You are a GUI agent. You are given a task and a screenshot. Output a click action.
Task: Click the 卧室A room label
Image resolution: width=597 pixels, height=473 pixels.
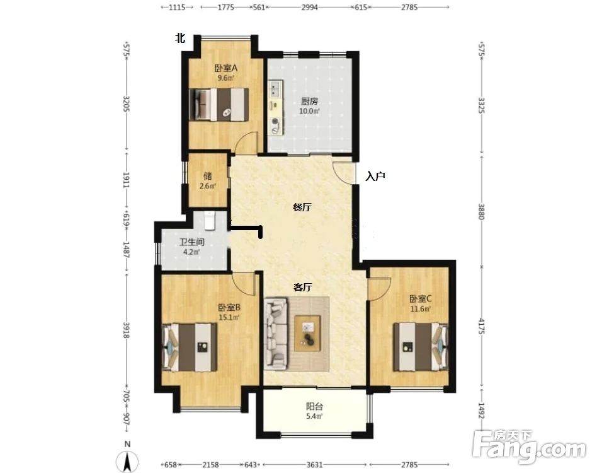226,68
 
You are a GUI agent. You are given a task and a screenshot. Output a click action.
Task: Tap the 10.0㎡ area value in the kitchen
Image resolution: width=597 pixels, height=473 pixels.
309,111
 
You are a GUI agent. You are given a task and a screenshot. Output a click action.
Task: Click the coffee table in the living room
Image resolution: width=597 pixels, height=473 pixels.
307,333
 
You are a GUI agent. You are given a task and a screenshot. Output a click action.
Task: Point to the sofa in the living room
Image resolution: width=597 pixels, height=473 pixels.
276,334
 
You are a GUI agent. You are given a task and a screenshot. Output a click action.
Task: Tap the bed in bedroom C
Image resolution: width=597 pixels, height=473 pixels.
421,347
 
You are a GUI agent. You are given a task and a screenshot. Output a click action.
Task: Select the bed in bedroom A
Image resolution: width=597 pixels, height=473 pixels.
219,105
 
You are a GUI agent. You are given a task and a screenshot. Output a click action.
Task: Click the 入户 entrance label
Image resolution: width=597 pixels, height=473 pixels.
375,176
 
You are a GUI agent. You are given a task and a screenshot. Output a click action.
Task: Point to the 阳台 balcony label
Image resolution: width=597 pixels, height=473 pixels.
315,406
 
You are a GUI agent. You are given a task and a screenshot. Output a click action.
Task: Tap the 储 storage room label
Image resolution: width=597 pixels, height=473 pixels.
208,176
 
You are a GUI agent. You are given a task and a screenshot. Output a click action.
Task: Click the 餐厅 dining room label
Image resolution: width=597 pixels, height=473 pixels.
302,207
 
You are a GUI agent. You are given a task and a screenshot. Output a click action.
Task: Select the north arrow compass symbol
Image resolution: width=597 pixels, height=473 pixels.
127,458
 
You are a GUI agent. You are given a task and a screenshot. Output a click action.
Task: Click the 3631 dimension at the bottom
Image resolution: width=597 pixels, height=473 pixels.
314,465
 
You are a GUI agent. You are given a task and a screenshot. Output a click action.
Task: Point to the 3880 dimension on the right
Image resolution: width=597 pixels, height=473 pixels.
481,212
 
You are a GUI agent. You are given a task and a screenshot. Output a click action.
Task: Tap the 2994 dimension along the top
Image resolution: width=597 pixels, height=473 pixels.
310,7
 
